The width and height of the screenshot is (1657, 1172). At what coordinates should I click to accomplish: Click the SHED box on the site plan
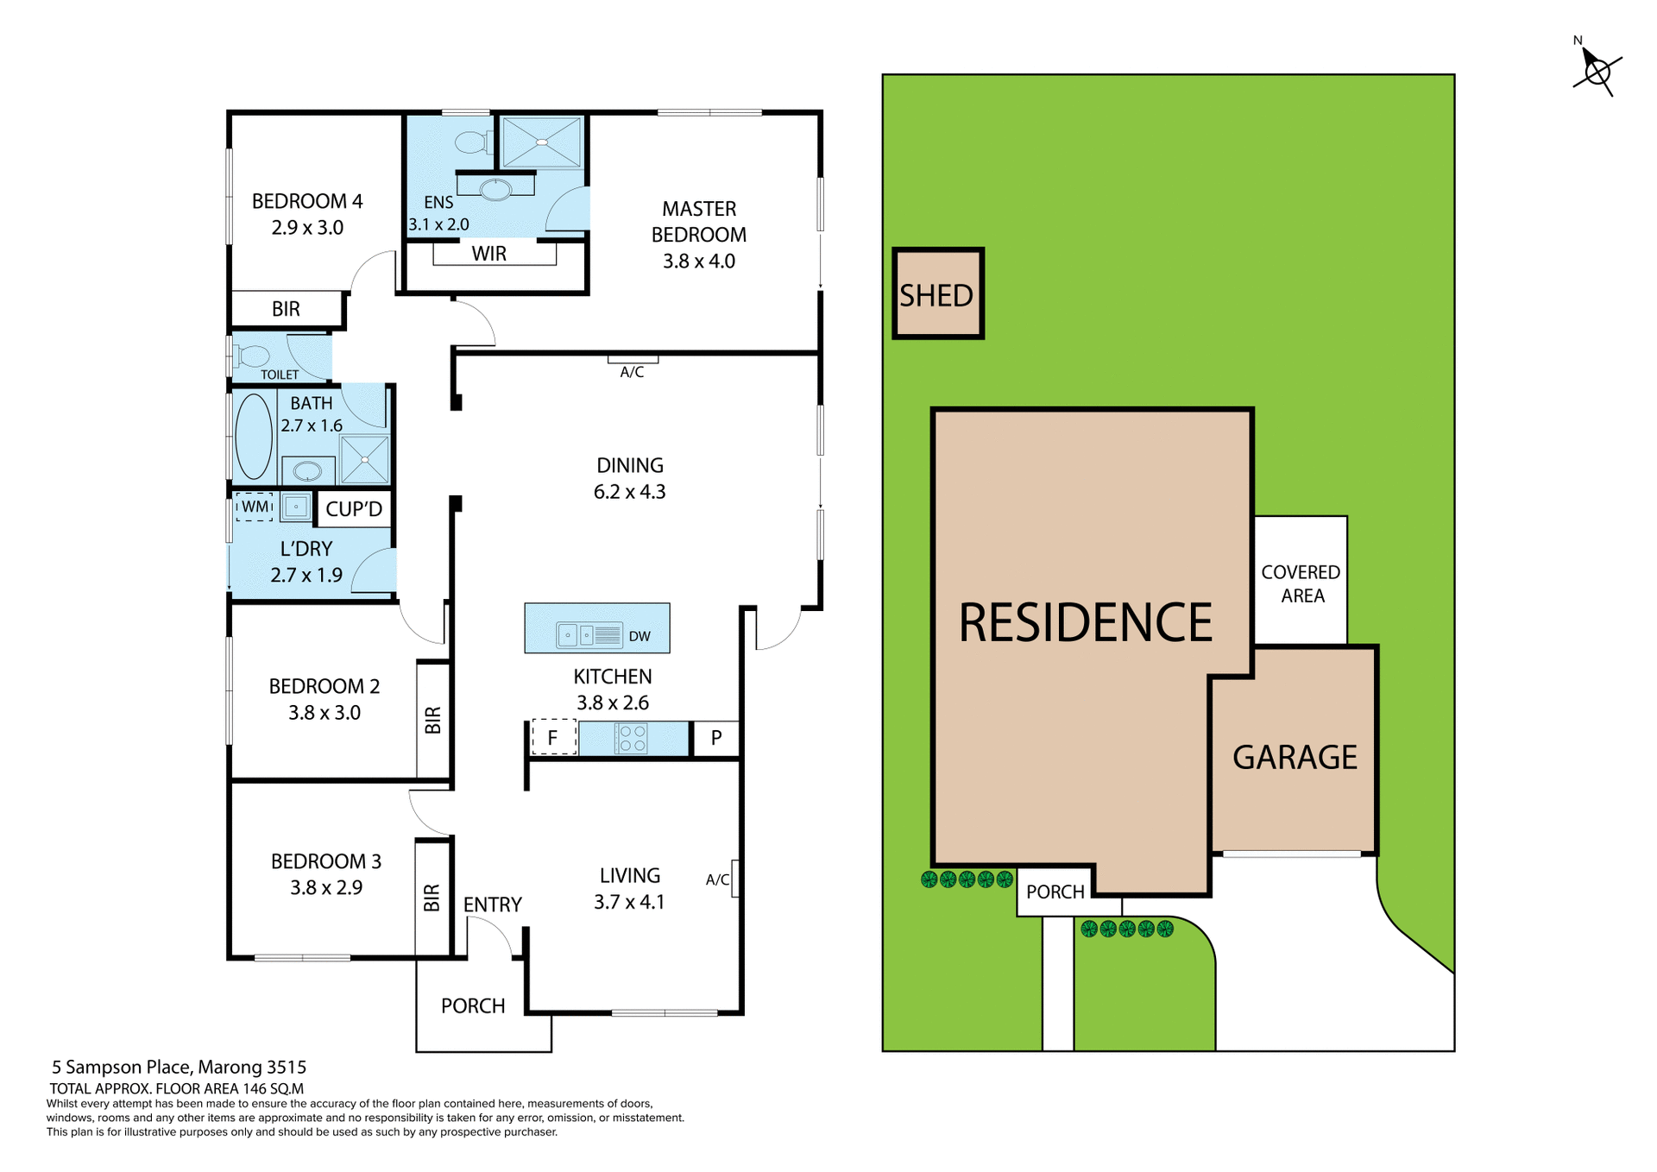937,294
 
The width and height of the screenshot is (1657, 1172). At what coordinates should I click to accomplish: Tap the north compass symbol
1597,71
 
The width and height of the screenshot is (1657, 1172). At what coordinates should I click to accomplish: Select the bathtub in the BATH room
254,436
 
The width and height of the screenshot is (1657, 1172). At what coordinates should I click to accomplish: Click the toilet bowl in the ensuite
472,142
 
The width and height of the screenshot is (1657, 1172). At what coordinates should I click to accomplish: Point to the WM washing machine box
255,507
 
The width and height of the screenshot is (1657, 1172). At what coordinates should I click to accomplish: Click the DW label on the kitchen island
639,637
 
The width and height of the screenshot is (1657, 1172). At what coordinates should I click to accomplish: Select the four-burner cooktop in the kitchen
632,739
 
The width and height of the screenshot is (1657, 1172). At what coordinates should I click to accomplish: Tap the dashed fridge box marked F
553,738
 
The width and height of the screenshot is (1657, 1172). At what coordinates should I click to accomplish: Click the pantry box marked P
716,739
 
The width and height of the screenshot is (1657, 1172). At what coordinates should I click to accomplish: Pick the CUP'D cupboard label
354,509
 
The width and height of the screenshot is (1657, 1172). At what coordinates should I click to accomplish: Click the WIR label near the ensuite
489,254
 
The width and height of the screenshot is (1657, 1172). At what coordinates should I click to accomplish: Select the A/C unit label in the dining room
632,372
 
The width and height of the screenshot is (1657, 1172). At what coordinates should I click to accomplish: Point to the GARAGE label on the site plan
1295,757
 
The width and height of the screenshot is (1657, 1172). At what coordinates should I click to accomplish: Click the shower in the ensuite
542,142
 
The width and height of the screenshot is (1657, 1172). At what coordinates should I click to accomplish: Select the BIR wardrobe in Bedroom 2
433,720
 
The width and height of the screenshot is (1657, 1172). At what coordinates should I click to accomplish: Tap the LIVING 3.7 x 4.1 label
630,888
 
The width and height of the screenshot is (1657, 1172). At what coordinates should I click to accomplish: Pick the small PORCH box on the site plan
1055,892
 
